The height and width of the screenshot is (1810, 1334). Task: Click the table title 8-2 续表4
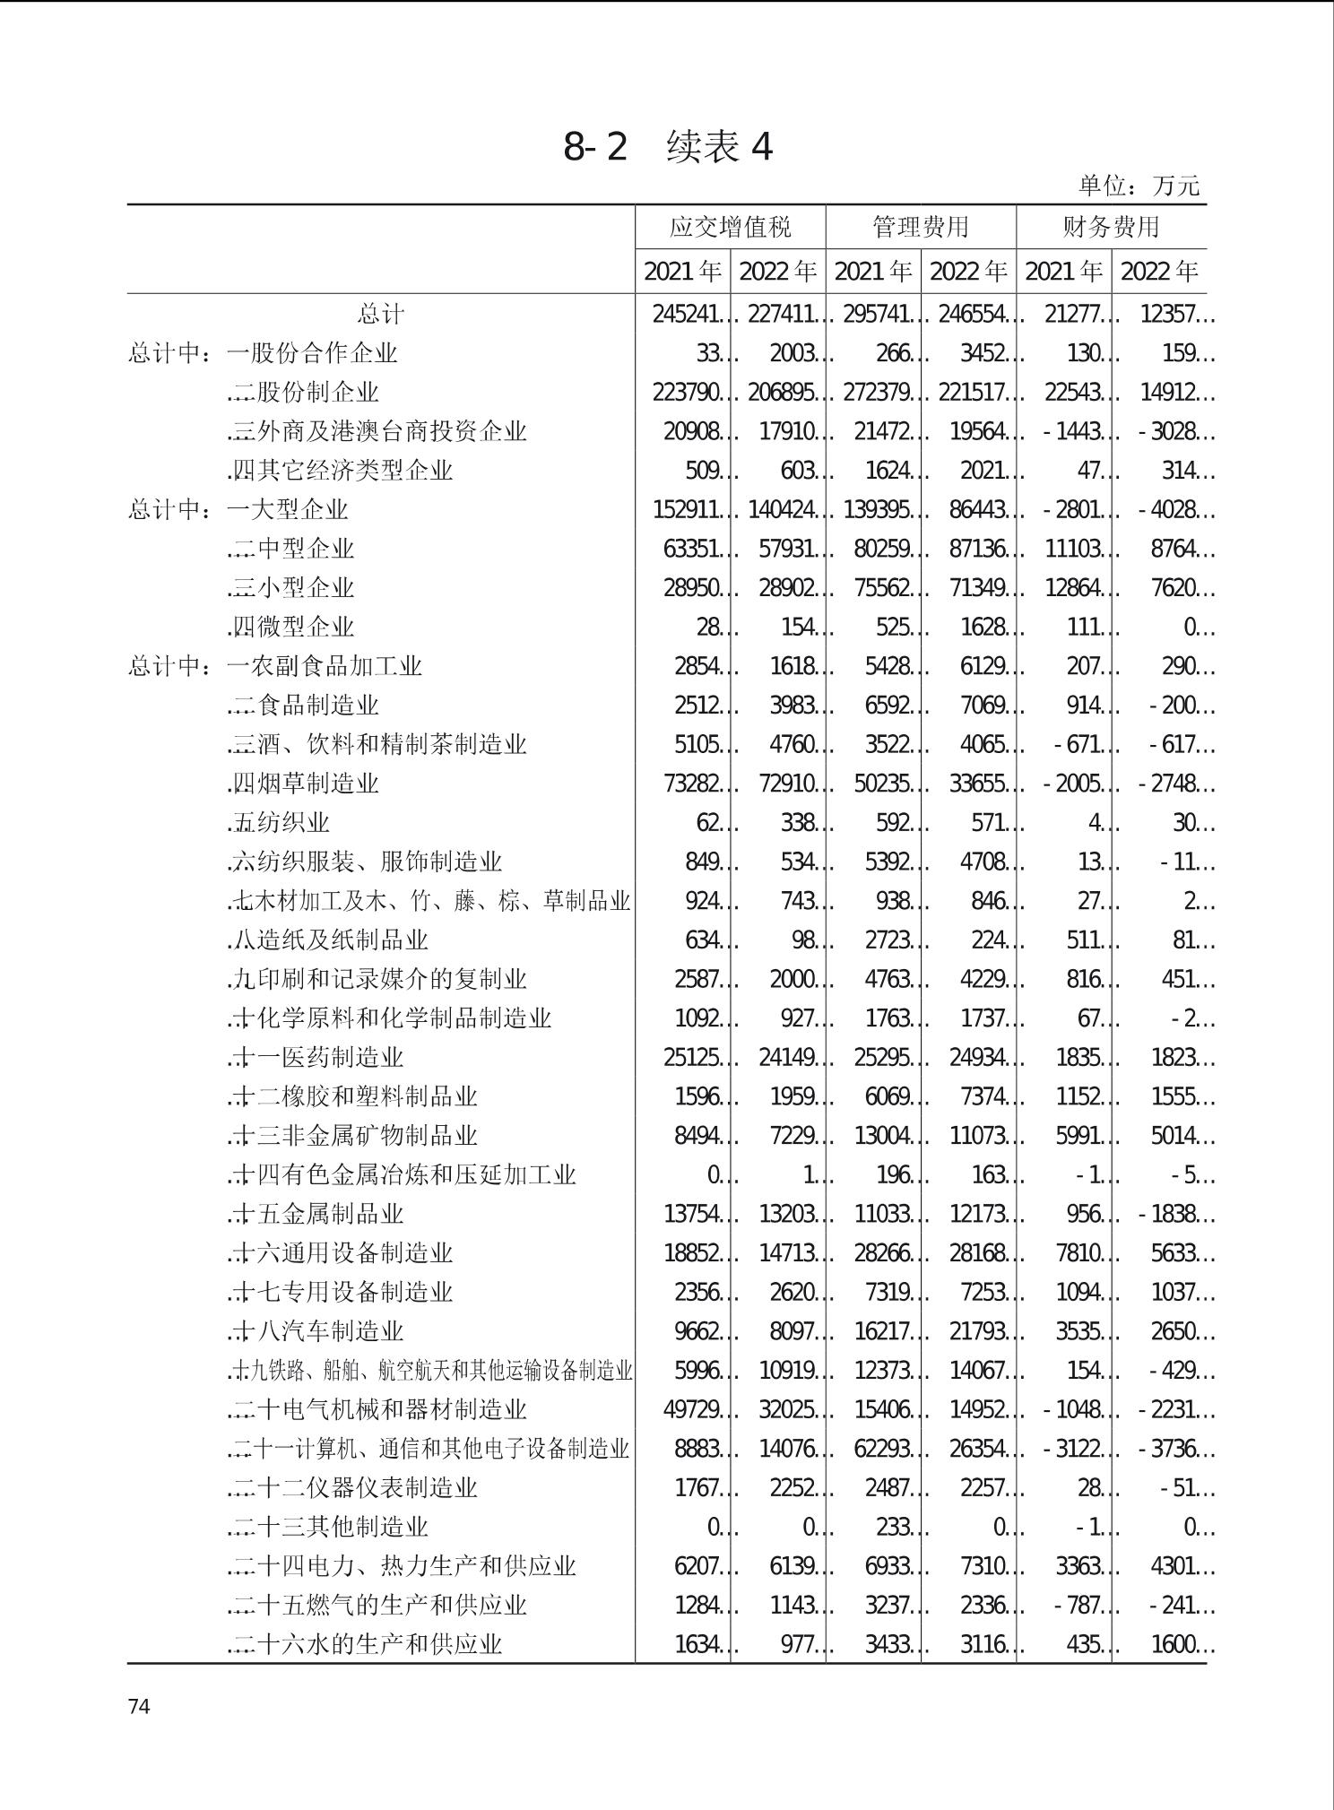pyautogui.click(x=667, y=147)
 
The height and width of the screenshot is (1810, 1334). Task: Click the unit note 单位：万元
pyautogui.click(x=1138, y=186)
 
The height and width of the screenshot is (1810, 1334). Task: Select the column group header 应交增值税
pyautogui.click(x=730, y=227)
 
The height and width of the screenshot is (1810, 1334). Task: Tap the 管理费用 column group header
pyautogui.click(x=921, y=227)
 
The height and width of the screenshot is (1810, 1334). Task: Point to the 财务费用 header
pyautogui.click(x=1111, y=227)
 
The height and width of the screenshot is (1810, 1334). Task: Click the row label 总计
pyautogui.click(x=381, y=315)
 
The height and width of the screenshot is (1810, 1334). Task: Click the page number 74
pyautogui.click(x=139, y=1706)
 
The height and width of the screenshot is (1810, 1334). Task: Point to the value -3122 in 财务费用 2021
pyautogui.click(x=1073, y=1449)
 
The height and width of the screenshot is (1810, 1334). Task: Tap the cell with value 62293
pyautogui.click(x=881, y=1449)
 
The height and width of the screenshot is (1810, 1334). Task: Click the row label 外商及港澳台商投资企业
pyautogui.click(x=377, y=432)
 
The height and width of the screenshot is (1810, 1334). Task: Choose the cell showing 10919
pyautogui.click(x=786, y=1371)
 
